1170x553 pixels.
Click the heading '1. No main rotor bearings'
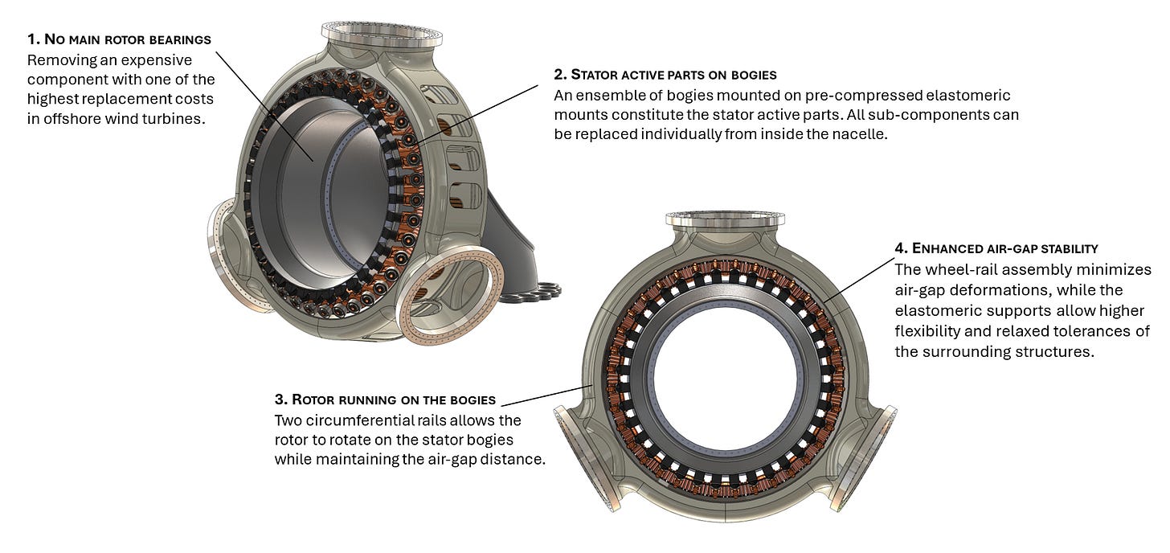119,39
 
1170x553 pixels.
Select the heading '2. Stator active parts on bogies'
665,75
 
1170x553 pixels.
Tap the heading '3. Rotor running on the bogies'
385,399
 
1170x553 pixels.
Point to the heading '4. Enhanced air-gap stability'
996,248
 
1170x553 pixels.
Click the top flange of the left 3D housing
382,35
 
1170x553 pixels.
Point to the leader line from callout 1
265,107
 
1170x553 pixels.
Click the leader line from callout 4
859,280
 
